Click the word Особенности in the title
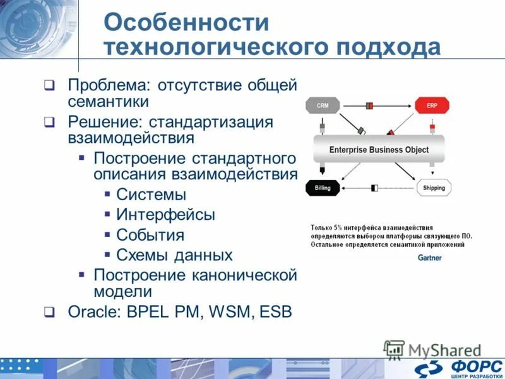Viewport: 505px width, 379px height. point(186,22)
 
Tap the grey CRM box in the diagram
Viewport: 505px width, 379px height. point(322,105)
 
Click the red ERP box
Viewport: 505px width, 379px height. point(432,105)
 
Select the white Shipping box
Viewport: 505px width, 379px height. point(434,188)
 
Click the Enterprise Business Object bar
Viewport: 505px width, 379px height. point(379,150)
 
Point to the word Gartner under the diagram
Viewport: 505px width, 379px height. point(429,258)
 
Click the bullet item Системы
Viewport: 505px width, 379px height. point(151,195)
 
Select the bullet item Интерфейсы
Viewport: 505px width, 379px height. point(165,215)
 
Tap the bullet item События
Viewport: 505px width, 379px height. point(150,235)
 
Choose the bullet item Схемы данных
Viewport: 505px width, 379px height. point(174,255)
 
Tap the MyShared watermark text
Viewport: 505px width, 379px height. point(444,349)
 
